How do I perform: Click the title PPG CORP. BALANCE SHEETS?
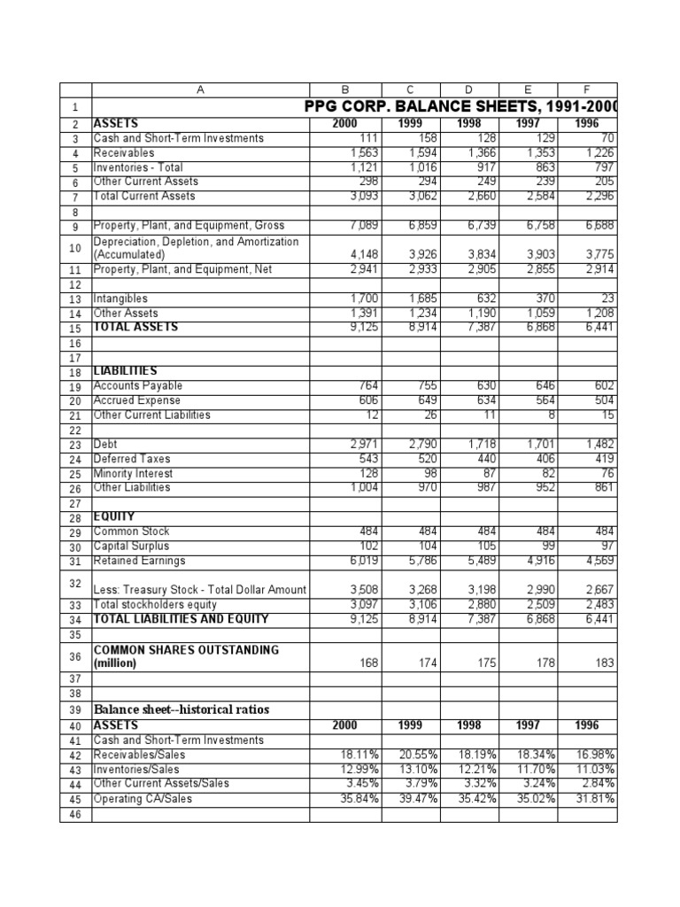click(460, 107)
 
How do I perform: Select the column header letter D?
click(469, 89)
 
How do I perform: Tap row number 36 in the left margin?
click(75, 656)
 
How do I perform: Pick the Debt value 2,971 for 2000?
click(362, 445)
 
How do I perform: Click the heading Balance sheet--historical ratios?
click(182, 709)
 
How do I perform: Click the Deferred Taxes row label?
click(132, 459)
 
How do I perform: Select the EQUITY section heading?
click(114, 516)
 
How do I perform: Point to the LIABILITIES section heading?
click(125, 370)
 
